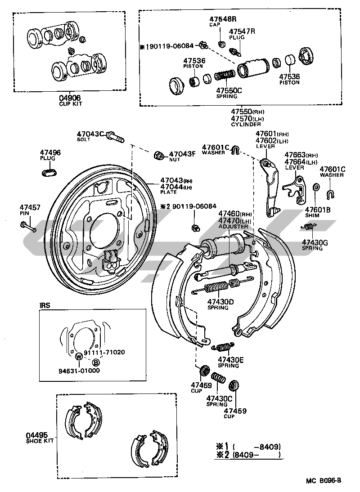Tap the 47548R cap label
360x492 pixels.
point(222,19)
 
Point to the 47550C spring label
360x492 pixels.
point(228,90)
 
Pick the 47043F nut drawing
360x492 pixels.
point(159,155)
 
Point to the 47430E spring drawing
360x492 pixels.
point(223,347)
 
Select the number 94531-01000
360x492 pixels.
point(79,371)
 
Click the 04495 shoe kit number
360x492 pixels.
point(37,435)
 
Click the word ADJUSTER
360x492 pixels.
point(233,226)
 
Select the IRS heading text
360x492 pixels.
point(45,305)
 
